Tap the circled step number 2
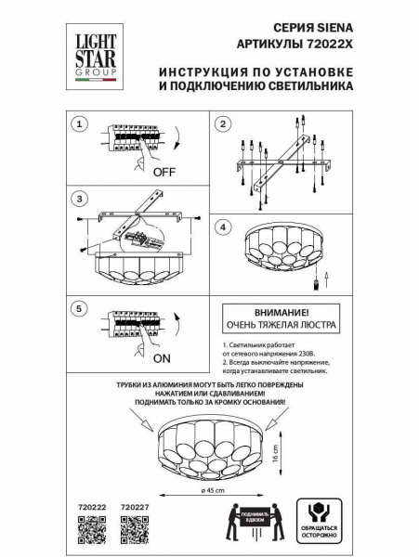click(223, 123)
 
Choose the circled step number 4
click(223, 227)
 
